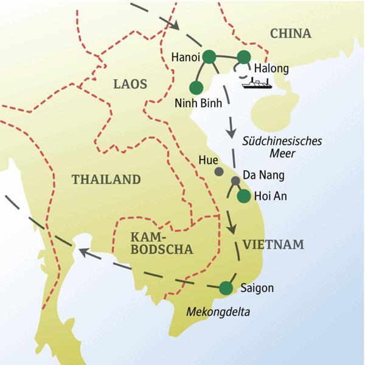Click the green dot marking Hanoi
(209, 57)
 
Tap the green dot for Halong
(243, 57)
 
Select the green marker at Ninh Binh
(196, 86)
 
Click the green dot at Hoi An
(243, 196)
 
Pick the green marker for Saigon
(226, 287)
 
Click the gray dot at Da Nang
(235, 181)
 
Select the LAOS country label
(130, 85)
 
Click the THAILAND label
(106, 179)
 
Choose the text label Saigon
(257, 288)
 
